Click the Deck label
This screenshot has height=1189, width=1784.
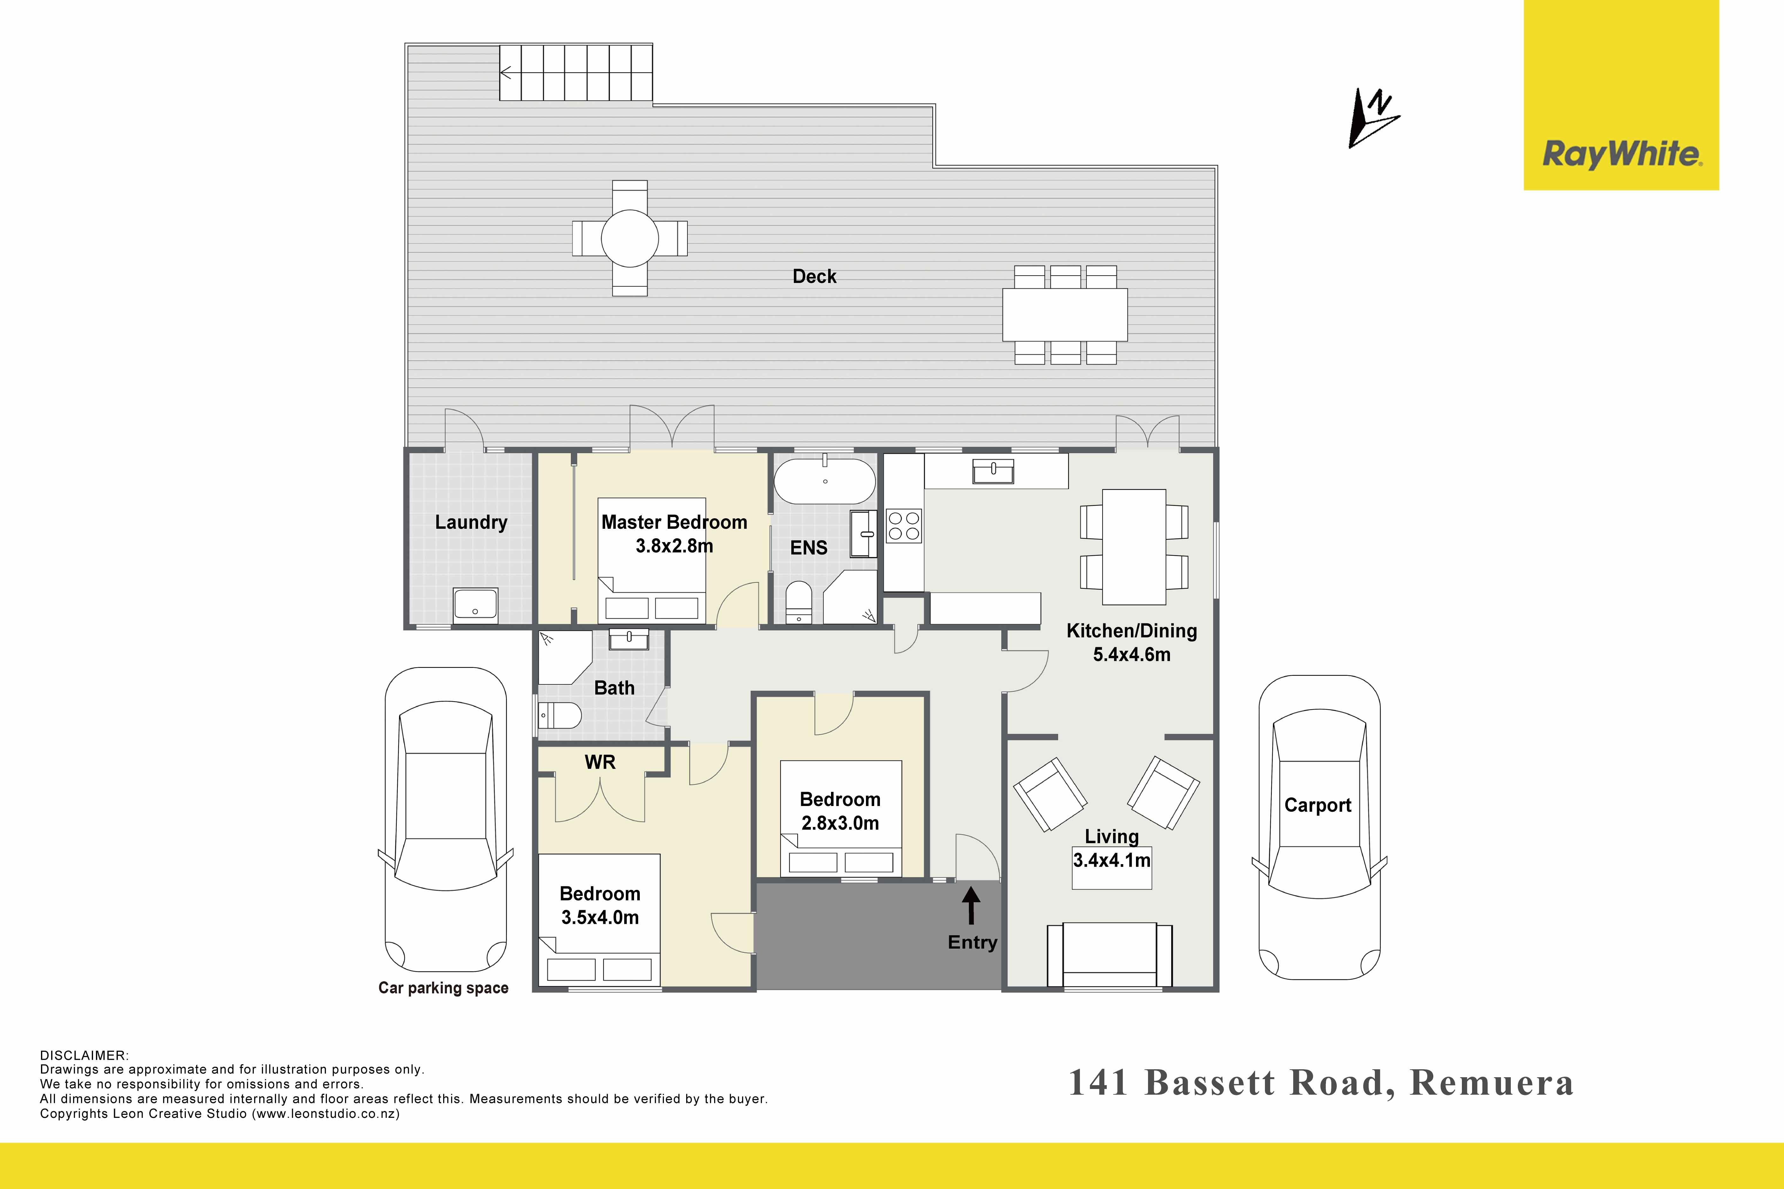tap(814, 276)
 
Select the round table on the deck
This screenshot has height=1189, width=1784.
tap(630, 238)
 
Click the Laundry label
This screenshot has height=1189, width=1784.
tap(471, 522)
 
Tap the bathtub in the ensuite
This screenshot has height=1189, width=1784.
tap(824, 481)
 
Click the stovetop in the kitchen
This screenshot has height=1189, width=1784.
tap(903, 526)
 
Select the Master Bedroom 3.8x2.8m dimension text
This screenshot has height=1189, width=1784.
tap(674, 546)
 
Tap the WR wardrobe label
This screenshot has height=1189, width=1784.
tap(600, 762)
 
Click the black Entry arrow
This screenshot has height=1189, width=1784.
tap(971, 906)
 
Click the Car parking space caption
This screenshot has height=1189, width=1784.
tap(444, 988)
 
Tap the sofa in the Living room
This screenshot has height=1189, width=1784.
tap(1110, 956)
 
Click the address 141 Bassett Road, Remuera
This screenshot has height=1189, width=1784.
tap(1321, 1083)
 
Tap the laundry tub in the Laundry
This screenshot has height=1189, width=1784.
tap(476, 604)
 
